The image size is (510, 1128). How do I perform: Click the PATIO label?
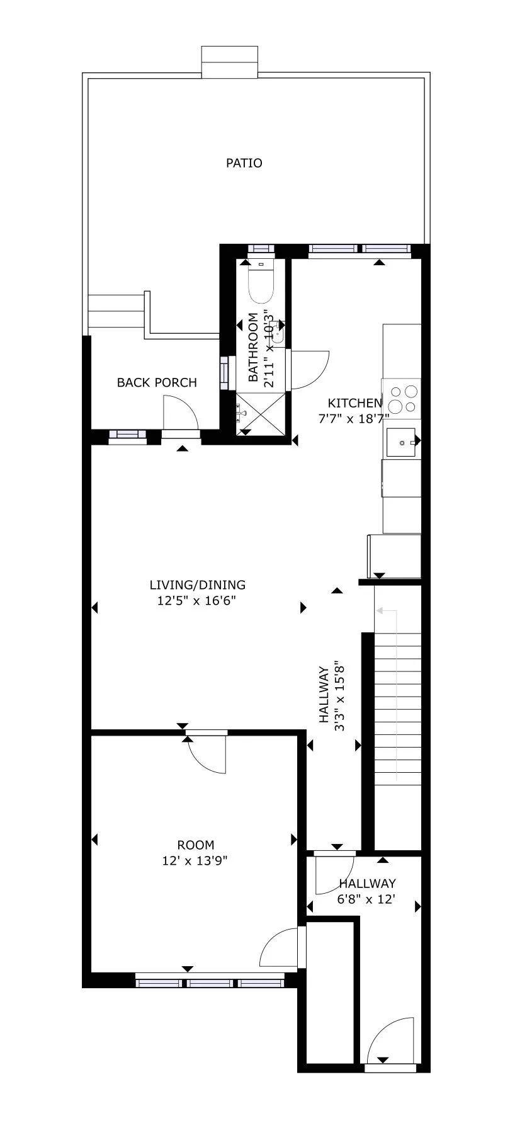244,163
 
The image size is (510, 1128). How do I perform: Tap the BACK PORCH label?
157,382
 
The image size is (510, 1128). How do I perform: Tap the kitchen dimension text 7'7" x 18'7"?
354,417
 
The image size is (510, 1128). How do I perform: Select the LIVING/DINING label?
197,584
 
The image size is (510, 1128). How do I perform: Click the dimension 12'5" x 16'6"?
197,601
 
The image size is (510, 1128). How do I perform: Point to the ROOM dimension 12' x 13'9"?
196,861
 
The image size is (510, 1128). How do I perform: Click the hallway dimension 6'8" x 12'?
366,899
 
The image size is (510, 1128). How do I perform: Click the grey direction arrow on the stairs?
395,693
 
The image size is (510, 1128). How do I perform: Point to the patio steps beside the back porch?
116,312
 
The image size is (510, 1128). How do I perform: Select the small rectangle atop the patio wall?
229,62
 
